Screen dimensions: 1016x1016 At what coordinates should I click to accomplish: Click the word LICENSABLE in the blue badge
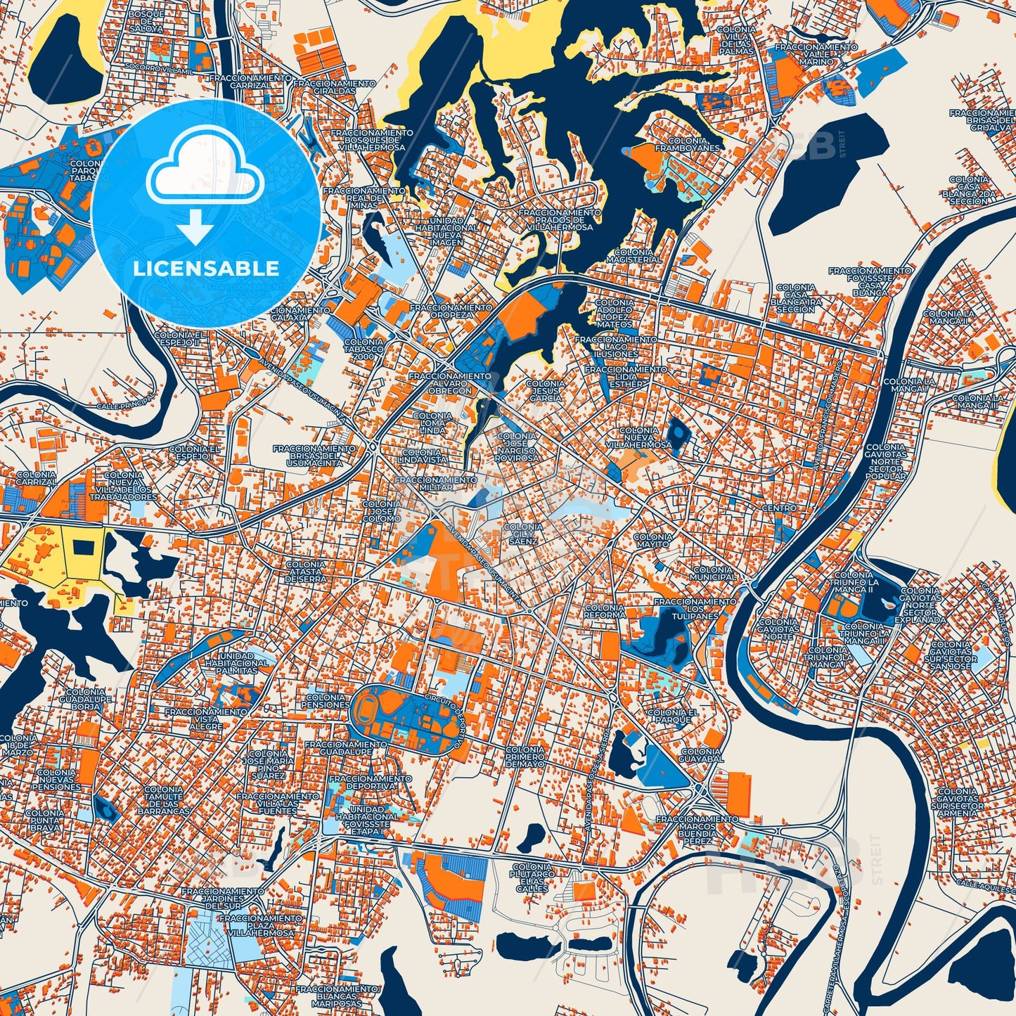pos(206,269)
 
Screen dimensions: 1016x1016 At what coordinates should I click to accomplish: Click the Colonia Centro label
pos(779,508)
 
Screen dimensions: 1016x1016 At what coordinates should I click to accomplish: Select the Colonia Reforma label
pos(604,611)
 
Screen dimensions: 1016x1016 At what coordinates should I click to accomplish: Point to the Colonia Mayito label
pos(652,540)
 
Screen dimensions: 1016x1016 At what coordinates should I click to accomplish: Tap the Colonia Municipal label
pos(713,573)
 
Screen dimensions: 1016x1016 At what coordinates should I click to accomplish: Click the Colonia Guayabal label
pos(701,755)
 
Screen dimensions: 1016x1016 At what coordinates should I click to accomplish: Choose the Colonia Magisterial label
pos(633,256)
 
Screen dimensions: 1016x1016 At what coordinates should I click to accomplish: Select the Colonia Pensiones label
pos(327,700)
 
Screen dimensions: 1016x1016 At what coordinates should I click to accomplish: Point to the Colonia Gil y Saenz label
pos(523,534)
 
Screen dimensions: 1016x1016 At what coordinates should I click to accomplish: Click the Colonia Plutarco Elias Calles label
pos(532,877)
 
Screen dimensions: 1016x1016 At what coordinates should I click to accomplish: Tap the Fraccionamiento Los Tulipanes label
pos(695,609)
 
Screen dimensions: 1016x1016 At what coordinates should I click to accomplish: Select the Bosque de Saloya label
pos(146,21)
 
